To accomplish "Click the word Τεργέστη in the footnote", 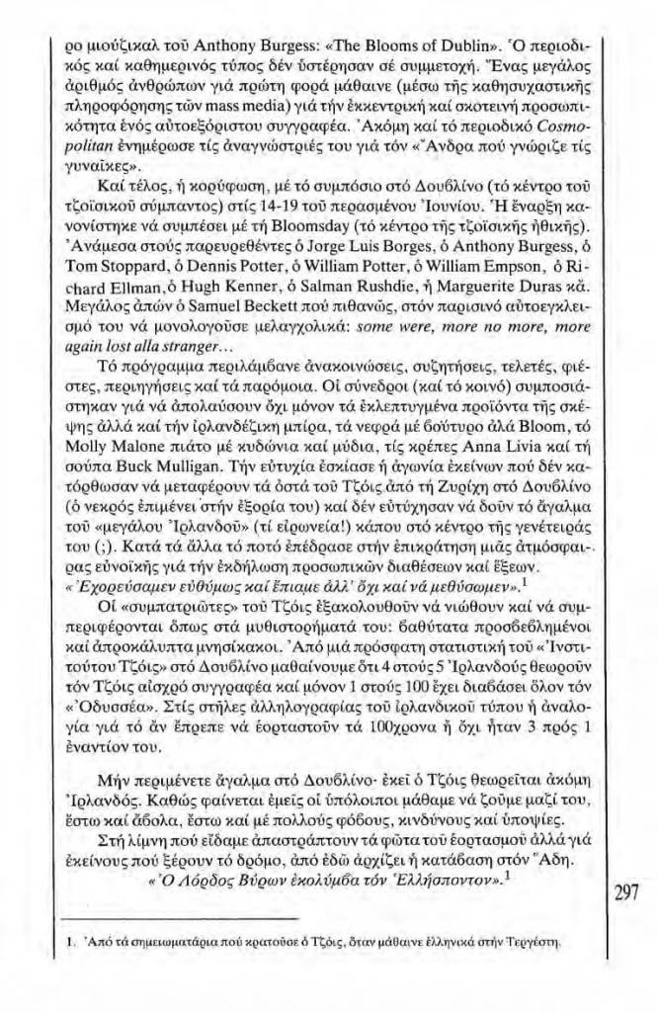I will click(x=536, y=971).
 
